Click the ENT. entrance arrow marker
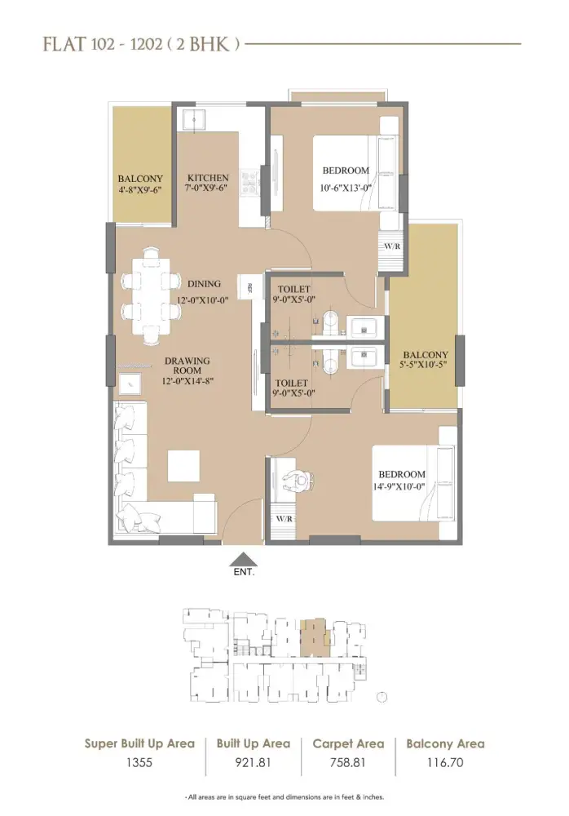(244, 559)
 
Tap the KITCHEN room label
(208, 178)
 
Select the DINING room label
(204, 284)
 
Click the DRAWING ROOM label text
(187, 366)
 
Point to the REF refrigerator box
(249, 286)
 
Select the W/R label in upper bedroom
(391, 246)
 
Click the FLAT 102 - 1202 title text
(140, 44)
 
